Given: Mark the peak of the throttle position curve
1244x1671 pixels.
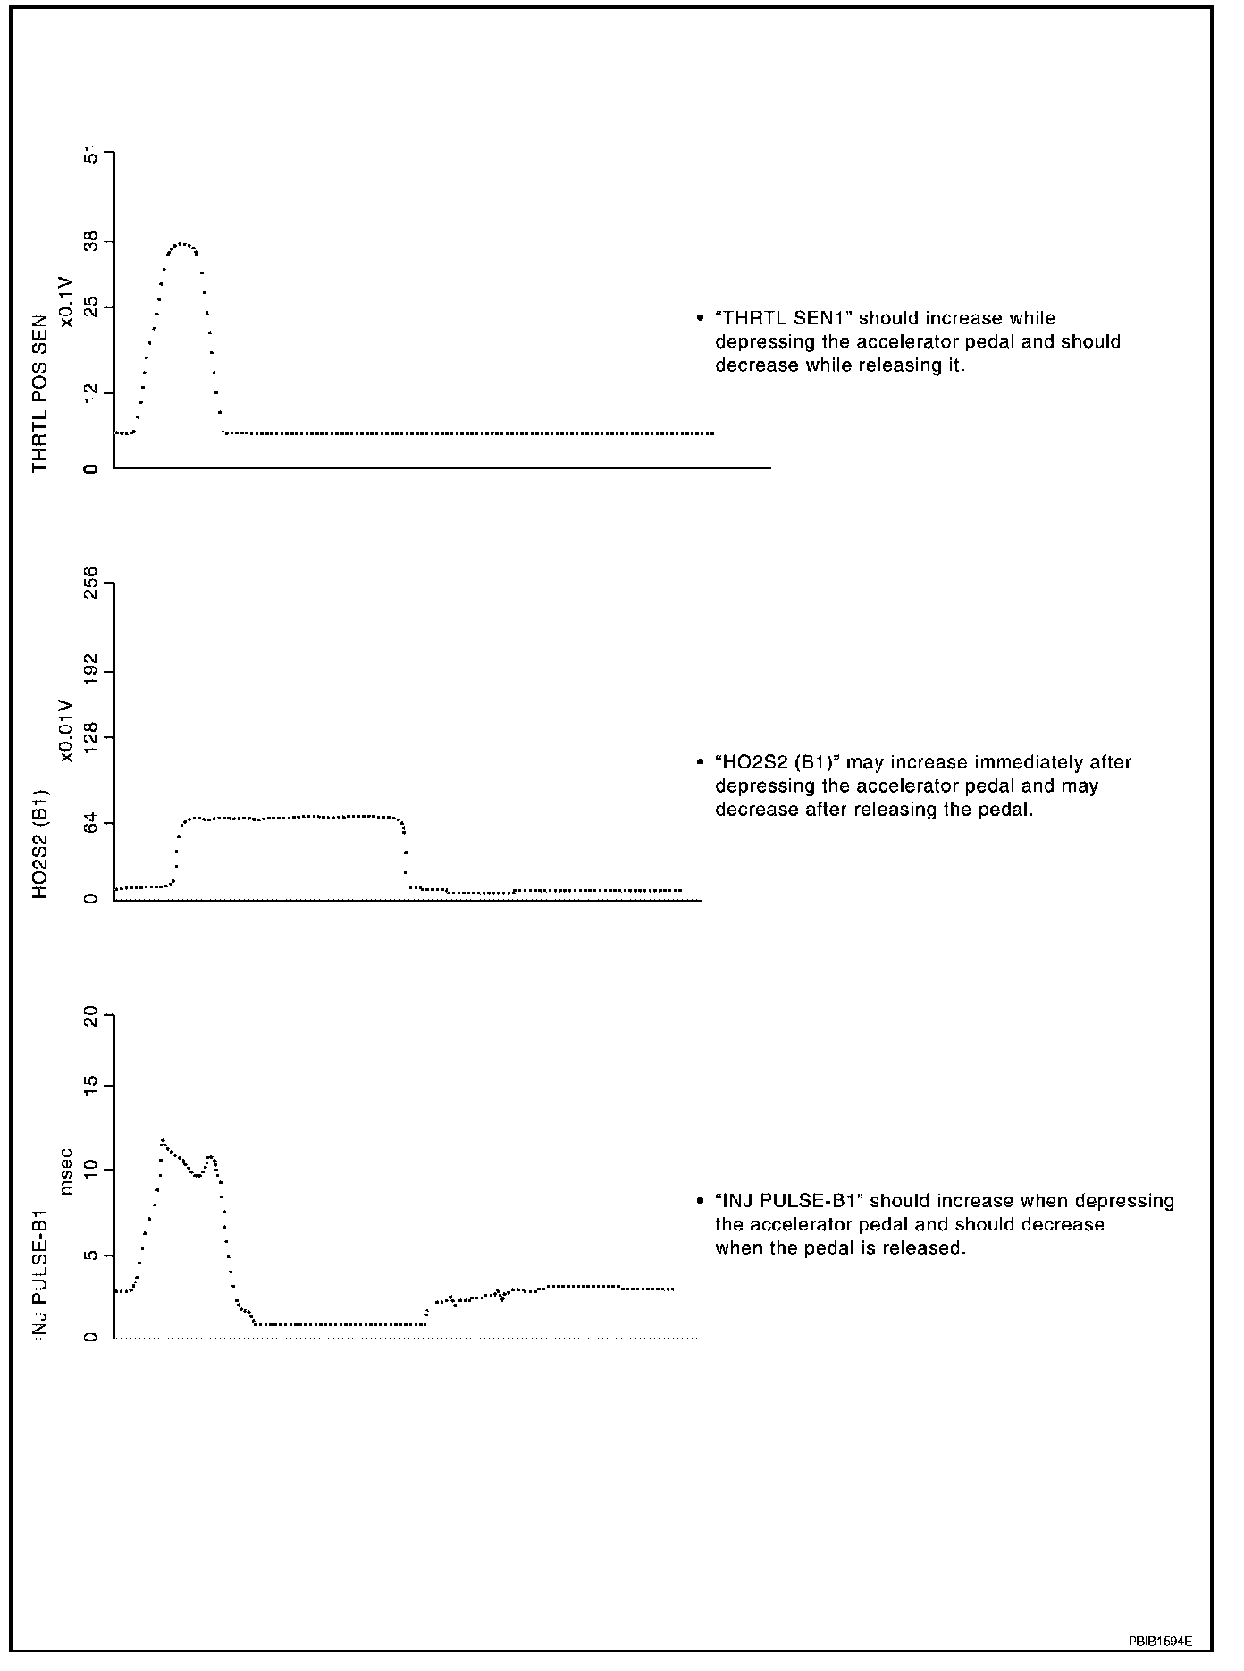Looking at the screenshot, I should (182, 243).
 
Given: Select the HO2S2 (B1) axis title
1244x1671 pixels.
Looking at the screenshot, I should (40, 843).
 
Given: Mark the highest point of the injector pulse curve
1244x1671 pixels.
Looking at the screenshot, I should (163, 1140).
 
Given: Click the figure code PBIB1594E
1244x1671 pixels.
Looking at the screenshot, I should (1159, 1642).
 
